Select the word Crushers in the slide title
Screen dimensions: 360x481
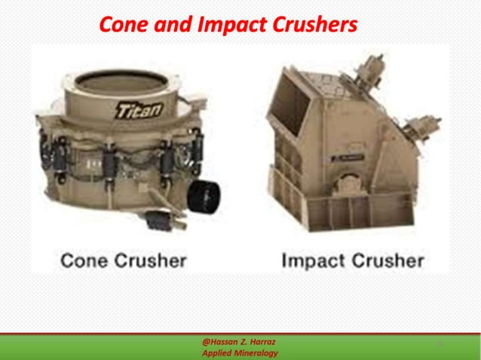pos(314,26)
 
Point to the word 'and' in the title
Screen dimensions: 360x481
pos(172,26)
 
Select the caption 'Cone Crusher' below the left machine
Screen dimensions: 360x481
pos(123,261)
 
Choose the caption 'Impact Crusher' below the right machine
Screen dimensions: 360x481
pos(352,261)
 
